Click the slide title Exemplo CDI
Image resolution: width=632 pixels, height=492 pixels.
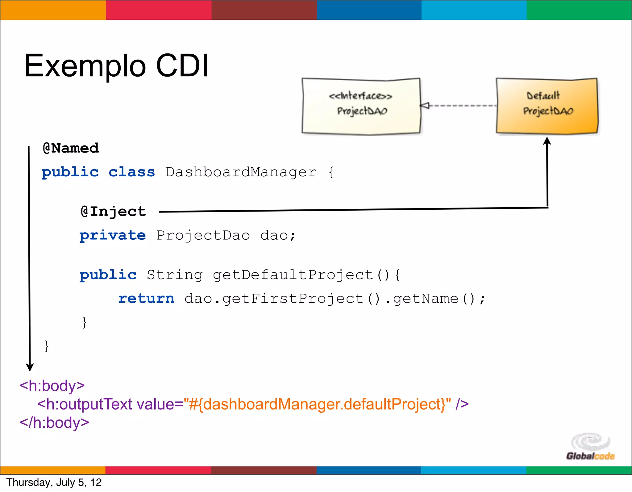116,65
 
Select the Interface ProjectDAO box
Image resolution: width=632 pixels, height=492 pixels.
361,106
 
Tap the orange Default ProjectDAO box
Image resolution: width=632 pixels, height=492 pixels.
547,106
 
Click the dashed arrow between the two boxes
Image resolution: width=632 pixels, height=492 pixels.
458,106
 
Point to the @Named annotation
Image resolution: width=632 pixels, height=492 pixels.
71,148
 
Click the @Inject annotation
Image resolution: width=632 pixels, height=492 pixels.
113,212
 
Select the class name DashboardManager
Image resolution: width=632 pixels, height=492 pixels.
241,172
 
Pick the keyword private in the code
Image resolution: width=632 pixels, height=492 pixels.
113,236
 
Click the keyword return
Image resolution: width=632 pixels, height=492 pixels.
146,299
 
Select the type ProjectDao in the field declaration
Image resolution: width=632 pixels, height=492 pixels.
203,236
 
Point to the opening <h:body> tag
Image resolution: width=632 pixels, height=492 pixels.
52,386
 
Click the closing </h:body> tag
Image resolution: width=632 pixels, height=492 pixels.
54,423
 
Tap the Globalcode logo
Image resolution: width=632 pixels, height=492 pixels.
590,446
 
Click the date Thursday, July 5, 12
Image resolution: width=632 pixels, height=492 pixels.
54,482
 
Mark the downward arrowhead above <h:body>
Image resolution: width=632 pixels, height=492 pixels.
30,367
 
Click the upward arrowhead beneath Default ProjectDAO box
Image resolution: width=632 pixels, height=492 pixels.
547,141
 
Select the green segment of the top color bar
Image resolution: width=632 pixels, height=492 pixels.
579,10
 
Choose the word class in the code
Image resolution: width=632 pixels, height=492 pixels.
132,172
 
